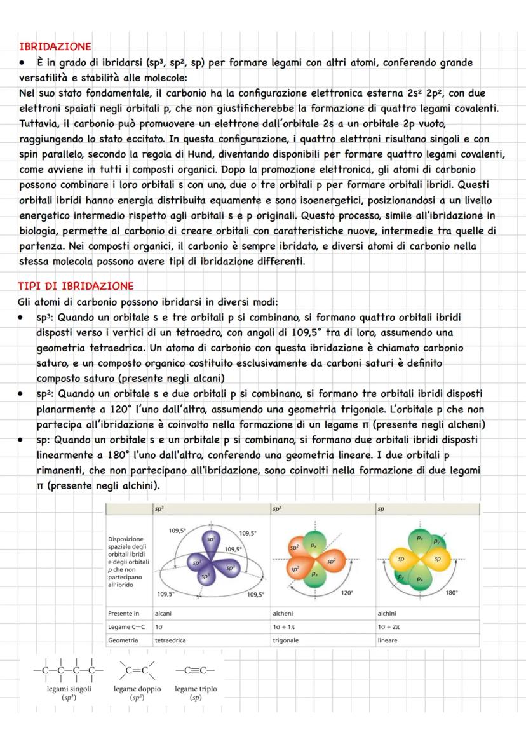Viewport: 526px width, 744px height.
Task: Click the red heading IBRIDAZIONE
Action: click(55, 46)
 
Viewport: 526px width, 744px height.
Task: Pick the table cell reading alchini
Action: click(388, 614)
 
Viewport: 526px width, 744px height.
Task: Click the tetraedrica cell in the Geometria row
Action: click(170, 640)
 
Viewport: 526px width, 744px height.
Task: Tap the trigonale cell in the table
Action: click(285, 640)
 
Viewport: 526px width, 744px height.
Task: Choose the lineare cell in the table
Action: click(387, 640)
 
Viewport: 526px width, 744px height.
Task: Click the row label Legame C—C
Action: click(126, 627)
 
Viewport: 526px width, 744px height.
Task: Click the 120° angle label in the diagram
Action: click(347, 592)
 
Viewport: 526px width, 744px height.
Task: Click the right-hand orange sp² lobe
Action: click(331, 562)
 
